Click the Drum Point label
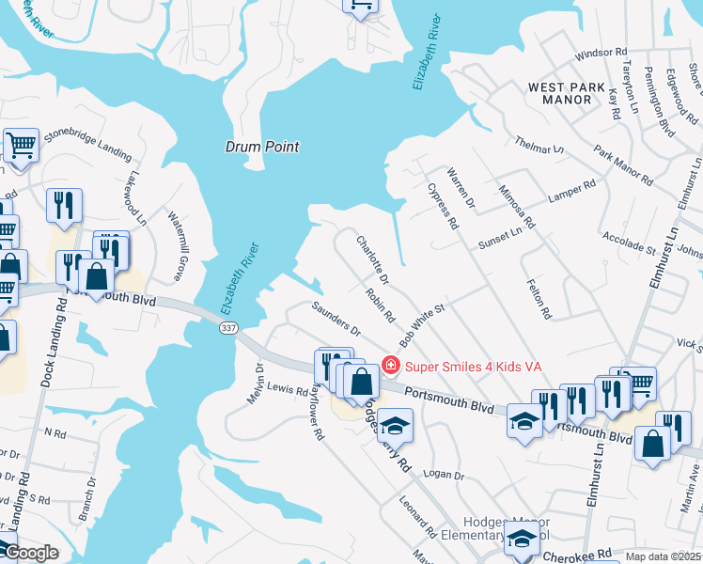pyautogui.click(x=262, y=147)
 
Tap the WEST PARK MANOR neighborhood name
pyautogui.click(x=567, y=94)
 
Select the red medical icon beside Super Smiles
pyautogui.click(x=390, y=365)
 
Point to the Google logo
pyautogui.click(x=30, y=553)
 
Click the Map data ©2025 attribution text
pyautogui.click(x=663, y=556)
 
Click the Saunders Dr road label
pyautogui.click(x=336, y=318)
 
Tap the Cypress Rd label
pyautogui.click(x=442, y=206)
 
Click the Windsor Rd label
pyautogui.click(x=600, y=54)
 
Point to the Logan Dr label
pyautogui.click(x=445, y=477)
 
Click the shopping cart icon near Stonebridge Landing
pyautogui.click(x=20, y=146)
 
